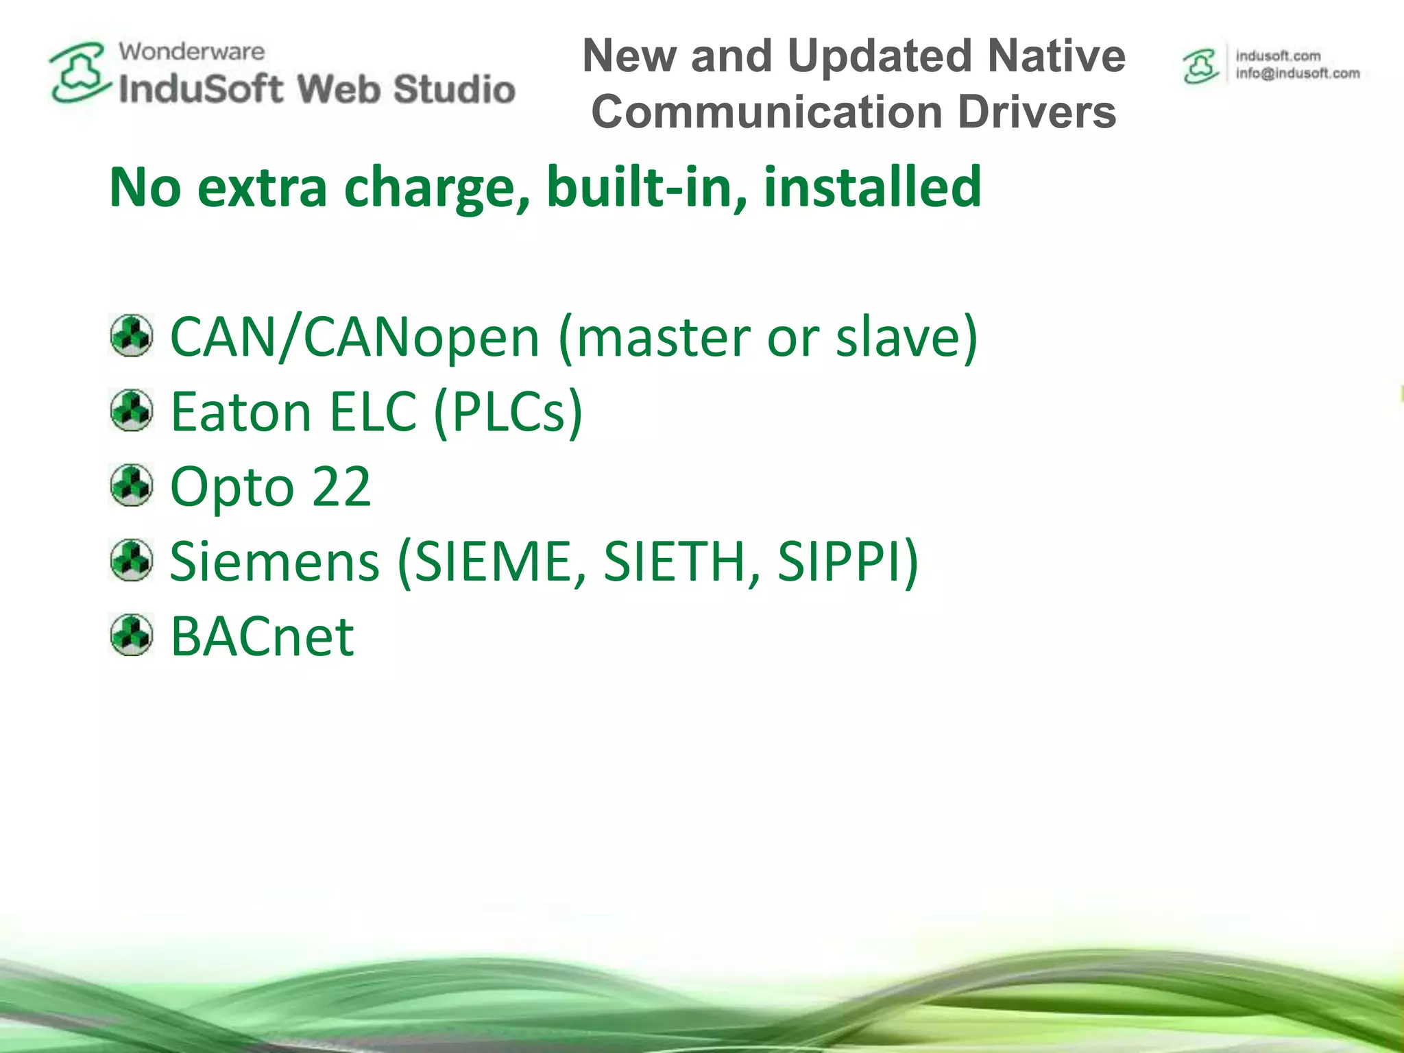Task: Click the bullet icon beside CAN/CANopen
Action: [x=131, y=336]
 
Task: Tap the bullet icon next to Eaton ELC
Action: [x=131, y=411]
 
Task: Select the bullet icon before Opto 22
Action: [x=131, y=485]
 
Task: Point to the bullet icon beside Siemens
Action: [x=131, y=560]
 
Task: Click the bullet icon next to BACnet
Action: [x=131, y=635]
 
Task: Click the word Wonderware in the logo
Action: [x=191, y=51]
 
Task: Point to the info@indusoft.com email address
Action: [x=1297, y=73]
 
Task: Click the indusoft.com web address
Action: [x=1278, y=56]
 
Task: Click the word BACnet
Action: [x=262, y=636]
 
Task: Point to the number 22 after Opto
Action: [x=341, y=487]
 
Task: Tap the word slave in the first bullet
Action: [x=898, y=337]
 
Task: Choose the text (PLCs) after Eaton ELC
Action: [x=508, y=412]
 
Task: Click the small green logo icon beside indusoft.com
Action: [x=1200, y=66]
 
